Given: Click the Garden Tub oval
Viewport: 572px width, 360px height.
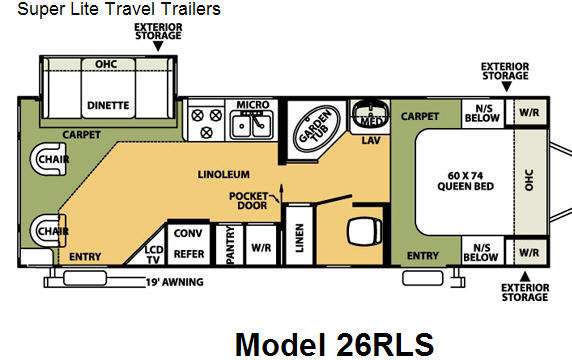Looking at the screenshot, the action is (317, 129).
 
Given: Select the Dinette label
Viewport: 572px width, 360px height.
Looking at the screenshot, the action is (108, 105).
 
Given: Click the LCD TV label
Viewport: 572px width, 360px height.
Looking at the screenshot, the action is (154, 255).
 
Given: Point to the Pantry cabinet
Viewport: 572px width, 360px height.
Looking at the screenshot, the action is (229, 245).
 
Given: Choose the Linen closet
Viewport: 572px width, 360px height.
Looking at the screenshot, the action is (299, 235).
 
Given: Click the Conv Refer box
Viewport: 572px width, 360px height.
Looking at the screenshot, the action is (189, 244).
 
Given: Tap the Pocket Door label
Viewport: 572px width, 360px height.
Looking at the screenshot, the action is (249, 201).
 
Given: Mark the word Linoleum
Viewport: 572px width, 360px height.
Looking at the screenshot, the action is (224, 174).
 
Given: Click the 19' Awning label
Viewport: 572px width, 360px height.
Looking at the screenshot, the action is (174, 282).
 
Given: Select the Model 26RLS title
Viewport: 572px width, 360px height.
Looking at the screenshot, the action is (334, 344).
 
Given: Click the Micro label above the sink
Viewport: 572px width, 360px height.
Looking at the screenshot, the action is (253, 105).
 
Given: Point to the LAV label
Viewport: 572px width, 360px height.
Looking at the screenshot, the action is (371, 140).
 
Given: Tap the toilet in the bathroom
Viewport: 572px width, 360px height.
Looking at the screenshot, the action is (364, 231).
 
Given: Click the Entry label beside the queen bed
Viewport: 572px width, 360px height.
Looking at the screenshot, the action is (422, 256).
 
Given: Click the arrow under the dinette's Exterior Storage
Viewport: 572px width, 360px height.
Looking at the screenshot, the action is (158, 46).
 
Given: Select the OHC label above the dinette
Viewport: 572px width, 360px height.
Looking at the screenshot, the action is (106, 64).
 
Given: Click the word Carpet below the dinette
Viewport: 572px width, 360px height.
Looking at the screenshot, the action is (81, 135).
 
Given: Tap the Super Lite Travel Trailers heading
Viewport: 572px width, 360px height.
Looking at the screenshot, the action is (119, 9).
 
